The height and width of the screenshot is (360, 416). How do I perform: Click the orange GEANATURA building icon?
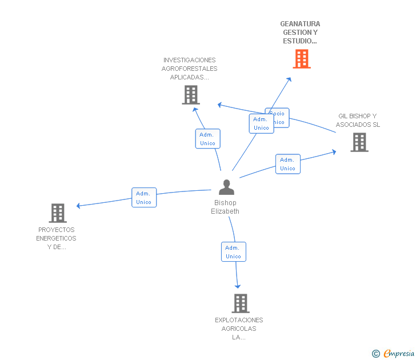click(302, 59)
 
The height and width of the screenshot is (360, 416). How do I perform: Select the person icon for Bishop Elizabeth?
click(226, 187)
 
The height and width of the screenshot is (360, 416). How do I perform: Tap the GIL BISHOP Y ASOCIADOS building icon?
click(359, 142)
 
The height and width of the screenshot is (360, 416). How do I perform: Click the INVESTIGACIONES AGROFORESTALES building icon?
click(190, 95)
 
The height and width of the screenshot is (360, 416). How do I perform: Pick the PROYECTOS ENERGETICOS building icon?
click(57, 213)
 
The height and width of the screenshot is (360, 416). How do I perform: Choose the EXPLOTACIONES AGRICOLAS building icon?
click(241, 303)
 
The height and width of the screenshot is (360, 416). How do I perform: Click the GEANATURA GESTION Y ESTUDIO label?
click(300, 33)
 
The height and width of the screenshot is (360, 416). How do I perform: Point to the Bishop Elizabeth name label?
click(225, 207)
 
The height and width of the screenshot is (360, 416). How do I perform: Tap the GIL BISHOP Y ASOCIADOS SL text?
click(358, 121)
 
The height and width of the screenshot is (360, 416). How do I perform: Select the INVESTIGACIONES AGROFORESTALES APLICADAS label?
click(190, 69)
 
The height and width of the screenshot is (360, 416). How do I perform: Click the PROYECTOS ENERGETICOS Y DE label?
click(56, 238)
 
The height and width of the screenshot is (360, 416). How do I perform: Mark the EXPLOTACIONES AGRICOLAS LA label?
click(239, 329)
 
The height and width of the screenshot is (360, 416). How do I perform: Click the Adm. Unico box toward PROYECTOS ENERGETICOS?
click(143, 198)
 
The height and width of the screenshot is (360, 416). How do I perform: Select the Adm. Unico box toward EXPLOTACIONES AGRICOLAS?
click(233, 252)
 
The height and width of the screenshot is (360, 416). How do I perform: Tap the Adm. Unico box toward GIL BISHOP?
click(287, 164)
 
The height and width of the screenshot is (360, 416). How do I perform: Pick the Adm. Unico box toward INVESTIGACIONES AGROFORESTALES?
click(207, 139)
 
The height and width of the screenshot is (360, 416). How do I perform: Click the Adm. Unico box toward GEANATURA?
click(261, 123)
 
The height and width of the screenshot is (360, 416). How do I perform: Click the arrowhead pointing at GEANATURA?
click(289, 79)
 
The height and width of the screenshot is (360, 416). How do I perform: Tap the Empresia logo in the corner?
click(393, 354)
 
